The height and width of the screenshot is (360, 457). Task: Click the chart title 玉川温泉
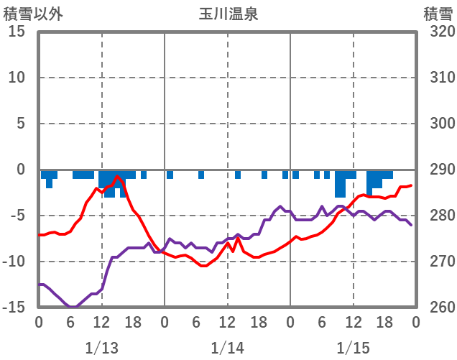pos(228,14)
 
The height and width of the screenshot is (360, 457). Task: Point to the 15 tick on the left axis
pos(17,32)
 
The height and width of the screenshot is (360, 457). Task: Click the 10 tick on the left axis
pos(17,78)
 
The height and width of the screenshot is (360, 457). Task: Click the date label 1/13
pos(101,348)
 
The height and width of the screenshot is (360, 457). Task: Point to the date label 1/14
pos(227,348)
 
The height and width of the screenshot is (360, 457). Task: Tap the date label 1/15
pos(353,348)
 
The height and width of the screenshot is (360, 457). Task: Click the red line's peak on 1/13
pos(117,176)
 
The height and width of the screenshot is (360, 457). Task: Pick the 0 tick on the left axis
pos(20,170)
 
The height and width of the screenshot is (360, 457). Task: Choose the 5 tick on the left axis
pos(20,124)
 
